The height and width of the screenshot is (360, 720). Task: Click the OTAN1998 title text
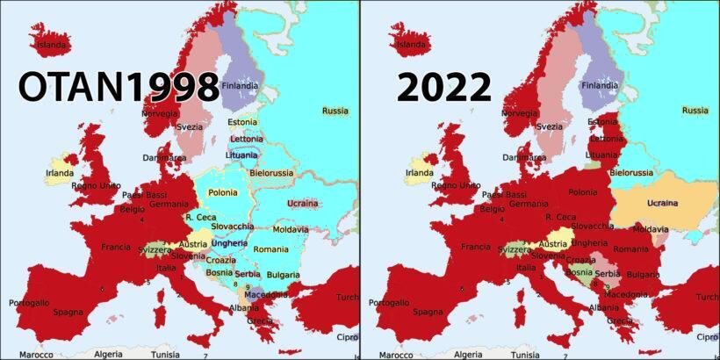click(x=119, y=88)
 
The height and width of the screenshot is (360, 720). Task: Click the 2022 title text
click(x=443, y=88)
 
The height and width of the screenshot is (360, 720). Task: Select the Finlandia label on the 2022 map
click(x=601, y=86)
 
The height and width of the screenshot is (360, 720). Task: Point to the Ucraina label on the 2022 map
click(x=663, y=204)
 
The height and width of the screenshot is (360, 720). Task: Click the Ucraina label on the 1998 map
click(x=303, y=204)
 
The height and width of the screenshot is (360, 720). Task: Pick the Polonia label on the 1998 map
click(x=223, y=192)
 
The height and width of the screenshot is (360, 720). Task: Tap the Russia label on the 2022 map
click(x=695, y=111)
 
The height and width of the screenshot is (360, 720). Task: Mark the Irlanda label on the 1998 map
click(x=60, y=173)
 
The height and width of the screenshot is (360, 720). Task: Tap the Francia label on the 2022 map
click(x=475, y=247)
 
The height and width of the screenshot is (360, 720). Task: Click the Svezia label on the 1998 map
click(x=189, y=126)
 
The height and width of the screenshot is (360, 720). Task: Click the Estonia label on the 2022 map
click(x=602, y=121)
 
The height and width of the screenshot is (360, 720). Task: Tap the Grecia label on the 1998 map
click(x=261, y=320)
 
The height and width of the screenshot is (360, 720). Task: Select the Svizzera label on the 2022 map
click(x=515, y=249)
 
